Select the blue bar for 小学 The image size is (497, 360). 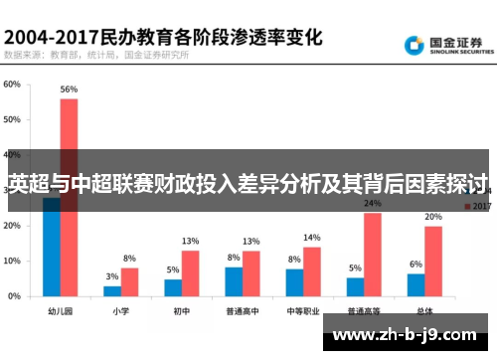[x=112, y=290]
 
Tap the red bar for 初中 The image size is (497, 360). [x=190, y=272]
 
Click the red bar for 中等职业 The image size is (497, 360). [x=311, y=270]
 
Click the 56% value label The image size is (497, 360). [x=69, y=90]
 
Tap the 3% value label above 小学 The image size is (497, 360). [x=112, y=276]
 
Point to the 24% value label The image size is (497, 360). [x=372, y=204]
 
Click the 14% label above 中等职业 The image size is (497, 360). [x=311, y=238]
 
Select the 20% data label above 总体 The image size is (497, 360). [x=433, y=217]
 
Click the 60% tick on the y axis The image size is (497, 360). [x=12, y=85]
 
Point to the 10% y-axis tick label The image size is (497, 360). [x=12, y=261]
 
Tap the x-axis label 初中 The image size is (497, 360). [x=180, y=310]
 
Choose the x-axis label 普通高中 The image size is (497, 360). [x=242, y=310]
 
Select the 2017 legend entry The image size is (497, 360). [x=477, y=207]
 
